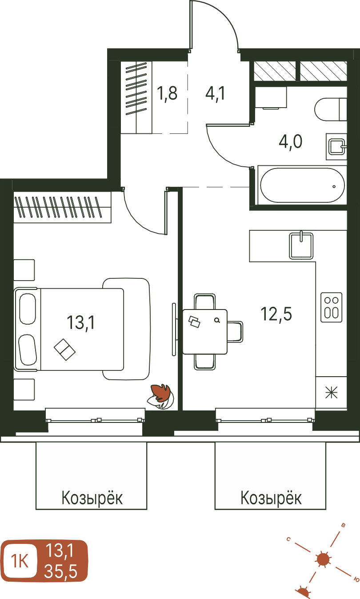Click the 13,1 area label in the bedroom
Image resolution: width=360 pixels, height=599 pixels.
pyautogui.click(x=81, y=322)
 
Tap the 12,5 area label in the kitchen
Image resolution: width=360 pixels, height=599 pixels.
pyautogui.click(x=276, y=314)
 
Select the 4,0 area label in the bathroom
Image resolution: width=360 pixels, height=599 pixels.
pyautogui.click(x=291, y=142)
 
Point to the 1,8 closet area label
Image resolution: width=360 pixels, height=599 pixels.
pyautogui.click(x=167, y=93)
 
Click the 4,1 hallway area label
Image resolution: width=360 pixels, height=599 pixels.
pyautogui.click(x=215, y=93)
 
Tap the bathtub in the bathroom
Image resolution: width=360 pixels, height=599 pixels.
pyautogui.click(x=302, y=185)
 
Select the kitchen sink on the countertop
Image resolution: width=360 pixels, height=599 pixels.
pyautogui.click(x=301, y=246)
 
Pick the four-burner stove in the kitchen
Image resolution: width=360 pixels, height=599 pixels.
pyautogui.click(x=332, y=307)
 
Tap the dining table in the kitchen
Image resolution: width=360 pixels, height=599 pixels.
pyautogui.click(x=205, y=332)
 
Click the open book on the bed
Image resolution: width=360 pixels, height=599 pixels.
pyautogui.click(x=65, y=350)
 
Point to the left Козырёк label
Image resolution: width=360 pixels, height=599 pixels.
pyautogui.click(x=92, y=498)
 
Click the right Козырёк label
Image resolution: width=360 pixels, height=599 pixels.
pyautogui.click(x=271, y=498)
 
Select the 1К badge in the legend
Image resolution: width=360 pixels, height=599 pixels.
pyautogui.click(x=19, y=561)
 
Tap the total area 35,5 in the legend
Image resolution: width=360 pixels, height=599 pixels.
pyautogui.click(x=61, y=571)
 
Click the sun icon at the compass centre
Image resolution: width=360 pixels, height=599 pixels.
pyautogui.click(x=324, y=559)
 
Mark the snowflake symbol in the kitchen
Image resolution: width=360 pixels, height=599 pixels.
pyautogui.click(x=332, y=393)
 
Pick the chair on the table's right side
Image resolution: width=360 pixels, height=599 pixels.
pyautogui.click(x=235, y=332)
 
